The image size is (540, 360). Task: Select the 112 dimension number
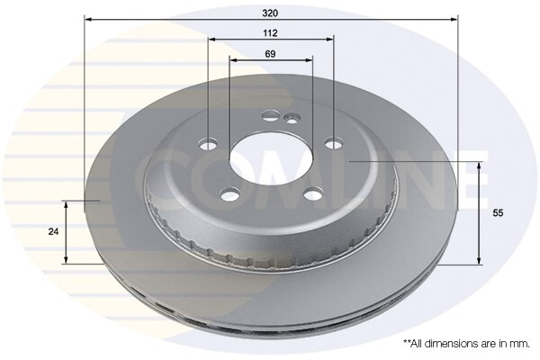(x=270, y=32)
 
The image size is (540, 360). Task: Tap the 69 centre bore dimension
(x=270, y=54)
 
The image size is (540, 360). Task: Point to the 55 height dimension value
(x=498, y=214)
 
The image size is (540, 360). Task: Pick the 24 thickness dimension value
(x=53, y=231)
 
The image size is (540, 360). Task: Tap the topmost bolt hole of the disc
(x=271, y=115)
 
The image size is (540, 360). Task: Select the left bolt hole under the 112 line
(x=210, y=144)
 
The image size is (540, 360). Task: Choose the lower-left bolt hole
(x=229, y=195)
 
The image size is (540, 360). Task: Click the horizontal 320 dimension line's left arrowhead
(x=87, y=18)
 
